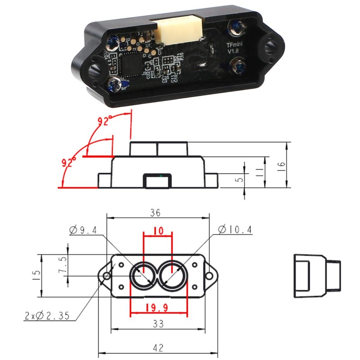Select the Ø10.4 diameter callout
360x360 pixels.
(235, 230)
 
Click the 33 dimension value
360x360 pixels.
(157, 324)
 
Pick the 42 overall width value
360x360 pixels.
(157, 347)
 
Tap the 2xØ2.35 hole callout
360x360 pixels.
(47, 316)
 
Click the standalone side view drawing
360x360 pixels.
(317, 275)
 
